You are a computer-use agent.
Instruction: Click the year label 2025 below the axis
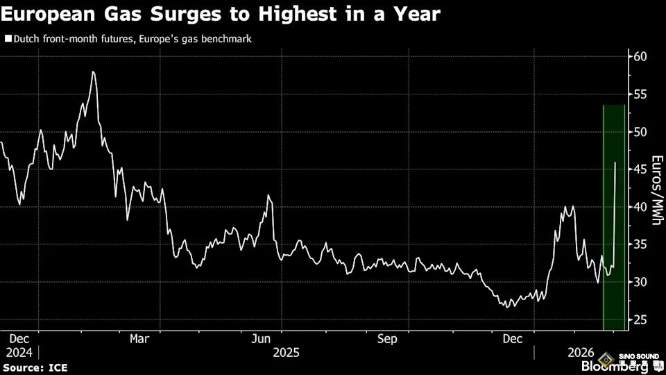[287, 352]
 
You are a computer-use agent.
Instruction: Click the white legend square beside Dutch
[8, 40]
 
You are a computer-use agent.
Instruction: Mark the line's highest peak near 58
[93, 72]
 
